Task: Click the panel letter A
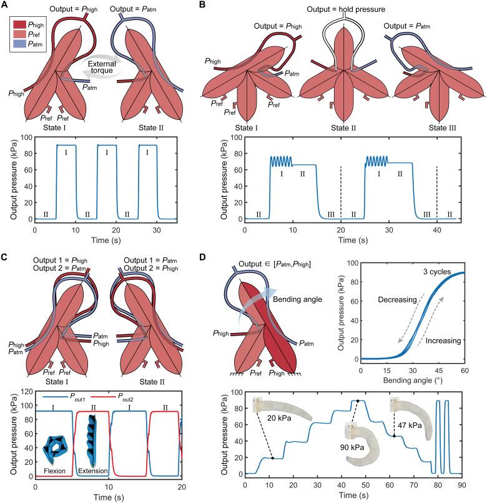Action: tap(7, 6)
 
